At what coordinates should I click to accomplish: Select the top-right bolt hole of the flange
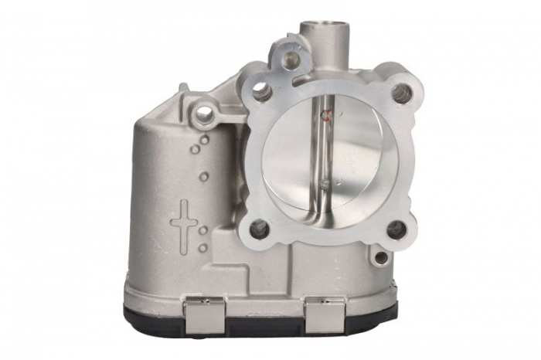click(400, 93)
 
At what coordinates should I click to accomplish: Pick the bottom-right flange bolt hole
click(396, 229)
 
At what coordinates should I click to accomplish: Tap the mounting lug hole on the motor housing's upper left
click(205, 117)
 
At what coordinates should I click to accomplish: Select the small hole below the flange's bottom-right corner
click(380, 256)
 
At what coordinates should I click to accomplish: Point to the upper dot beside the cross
click(202, 230)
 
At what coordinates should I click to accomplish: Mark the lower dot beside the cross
click(202, 247)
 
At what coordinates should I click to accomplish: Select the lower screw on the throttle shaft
click(328, 184)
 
